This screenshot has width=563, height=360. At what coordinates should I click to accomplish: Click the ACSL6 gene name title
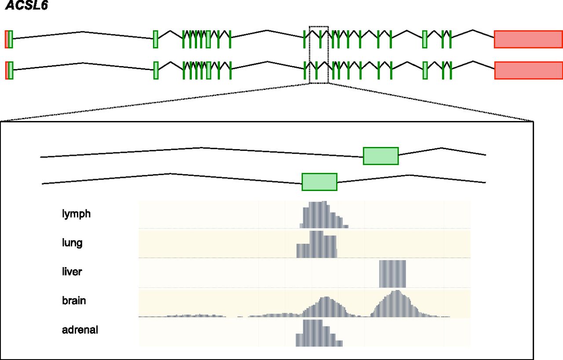pos(26,5)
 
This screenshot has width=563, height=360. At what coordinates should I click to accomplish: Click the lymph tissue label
pos(76,214)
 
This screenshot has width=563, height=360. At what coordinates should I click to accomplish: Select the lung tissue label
pos(72,243)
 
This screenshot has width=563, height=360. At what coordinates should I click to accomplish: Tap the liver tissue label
pos(72,272)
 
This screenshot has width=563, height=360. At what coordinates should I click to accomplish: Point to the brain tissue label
pos(74,301)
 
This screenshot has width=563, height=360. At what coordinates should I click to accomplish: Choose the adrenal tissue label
pos(80,330)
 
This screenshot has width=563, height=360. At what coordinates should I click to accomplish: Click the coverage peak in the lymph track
pos(324,215)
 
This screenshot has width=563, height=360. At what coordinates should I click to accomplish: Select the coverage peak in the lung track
pos(317,245)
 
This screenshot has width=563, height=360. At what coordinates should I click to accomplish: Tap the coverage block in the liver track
pos(392,274)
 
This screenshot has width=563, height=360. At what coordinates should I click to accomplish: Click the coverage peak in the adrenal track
pos(319,333)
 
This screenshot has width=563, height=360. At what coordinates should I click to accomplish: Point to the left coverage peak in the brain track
pos(326,307)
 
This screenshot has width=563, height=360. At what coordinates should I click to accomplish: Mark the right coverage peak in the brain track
pos(397,304)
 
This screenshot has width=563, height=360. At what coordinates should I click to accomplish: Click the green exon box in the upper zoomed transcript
pos(381,156)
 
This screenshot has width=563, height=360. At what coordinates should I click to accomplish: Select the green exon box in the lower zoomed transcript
pos(319,182)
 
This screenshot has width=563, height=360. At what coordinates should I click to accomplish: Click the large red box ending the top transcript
pos(528,39)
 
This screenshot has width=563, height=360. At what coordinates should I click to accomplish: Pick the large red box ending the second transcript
pos(529,70)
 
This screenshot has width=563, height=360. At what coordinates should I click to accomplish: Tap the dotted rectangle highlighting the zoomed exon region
pos(319,26)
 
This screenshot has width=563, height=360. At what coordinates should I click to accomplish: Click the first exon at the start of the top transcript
pos(9,39)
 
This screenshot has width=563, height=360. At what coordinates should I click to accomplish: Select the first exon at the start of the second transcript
pos(9,70)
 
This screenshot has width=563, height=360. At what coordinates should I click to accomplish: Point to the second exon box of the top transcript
pos(156,39)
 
